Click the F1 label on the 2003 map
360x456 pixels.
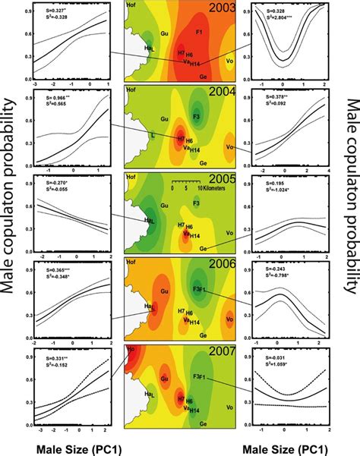tap(199, 35)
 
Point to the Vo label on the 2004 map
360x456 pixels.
tap(230, 147)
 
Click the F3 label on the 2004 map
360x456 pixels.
tap(196, 118)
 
